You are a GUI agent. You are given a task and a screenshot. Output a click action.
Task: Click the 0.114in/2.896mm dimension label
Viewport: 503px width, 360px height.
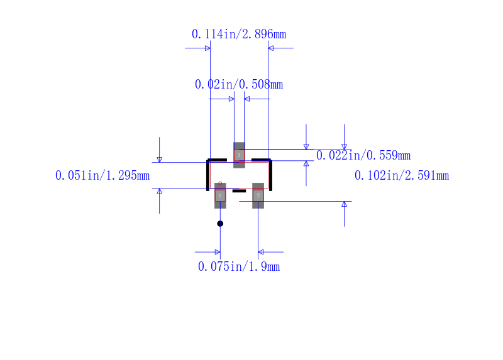click(239, 34)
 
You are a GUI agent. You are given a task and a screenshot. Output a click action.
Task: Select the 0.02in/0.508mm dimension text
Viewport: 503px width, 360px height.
click(239, 84)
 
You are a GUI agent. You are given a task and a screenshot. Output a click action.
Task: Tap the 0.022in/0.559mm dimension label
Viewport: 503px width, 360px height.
click(363, 155)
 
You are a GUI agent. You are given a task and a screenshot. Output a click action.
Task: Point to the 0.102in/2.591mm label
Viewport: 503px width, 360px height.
click(402, 175)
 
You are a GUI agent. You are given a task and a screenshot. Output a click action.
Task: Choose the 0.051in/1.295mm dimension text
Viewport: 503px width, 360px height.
click(102, 175)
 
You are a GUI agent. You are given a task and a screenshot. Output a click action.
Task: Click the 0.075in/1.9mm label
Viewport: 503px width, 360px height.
click(239, 266)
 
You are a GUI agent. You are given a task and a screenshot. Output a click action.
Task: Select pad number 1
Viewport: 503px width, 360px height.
click(220, 195)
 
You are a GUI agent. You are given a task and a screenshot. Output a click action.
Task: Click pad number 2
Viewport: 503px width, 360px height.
click(258, 195)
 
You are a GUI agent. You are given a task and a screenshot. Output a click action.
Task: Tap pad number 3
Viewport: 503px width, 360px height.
click(239, 155)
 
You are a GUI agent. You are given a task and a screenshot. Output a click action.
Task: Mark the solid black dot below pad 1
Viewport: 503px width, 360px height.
click(220, 224)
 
